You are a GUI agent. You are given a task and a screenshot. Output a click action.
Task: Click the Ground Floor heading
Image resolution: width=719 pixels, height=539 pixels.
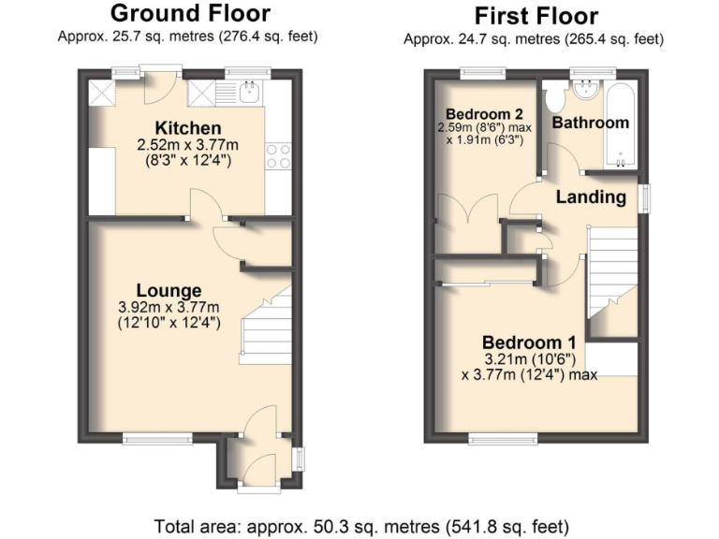point(190,13)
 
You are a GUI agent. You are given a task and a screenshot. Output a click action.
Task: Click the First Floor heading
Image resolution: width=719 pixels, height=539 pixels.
point(536,16)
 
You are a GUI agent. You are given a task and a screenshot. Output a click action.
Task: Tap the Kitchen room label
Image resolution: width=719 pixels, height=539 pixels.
point(188,128)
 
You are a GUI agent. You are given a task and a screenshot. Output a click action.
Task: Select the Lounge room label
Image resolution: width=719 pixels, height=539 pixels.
point(168,290)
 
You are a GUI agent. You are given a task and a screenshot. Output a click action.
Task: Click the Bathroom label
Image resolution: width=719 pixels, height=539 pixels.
point(590,123)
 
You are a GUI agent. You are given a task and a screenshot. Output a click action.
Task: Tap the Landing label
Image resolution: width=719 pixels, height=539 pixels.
point(591,197)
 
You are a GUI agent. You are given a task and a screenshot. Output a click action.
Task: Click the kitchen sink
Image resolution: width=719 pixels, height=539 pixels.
point(249,94)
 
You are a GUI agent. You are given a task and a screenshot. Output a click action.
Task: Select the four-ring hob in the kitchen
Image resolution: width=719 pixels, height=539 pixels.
point(278,155)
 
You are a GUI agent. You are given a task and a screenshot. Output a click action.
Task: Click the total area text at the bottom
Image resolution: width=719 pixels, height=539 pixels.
point(360,525)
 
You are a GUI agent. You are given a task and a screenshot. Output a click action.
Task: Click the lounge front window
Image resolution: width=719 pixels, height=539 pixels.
point(155,438)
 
